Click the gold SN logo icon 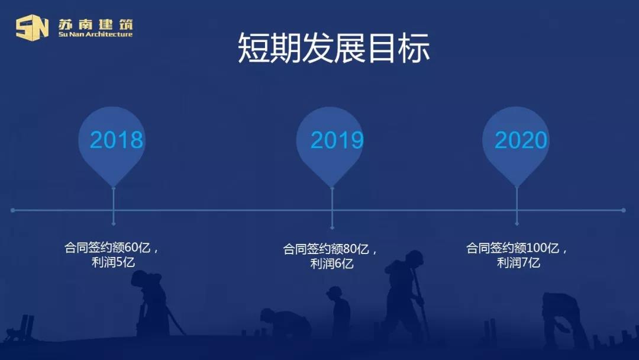point(32,27)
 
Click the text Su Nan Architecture point(95,35)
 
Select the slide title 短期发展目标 point(334,48)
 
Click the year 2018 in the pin point(117,140)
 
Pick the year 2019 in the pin point(337,140)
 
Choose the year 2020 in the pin point(521,140)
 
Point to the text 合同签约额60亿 point(108,247)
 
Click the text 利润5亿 point(113,262)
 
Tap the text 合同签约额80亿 point(326,249)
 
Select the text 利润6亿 point(332,263)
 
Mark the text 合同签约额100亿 point(512,247)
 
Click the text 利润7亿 point(518,262)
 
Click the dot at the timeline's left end point(13,210)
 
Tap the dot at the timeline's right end point(624,210)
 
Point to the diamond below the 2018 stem point(113,224)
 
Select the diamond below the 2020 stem point(517,224)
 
